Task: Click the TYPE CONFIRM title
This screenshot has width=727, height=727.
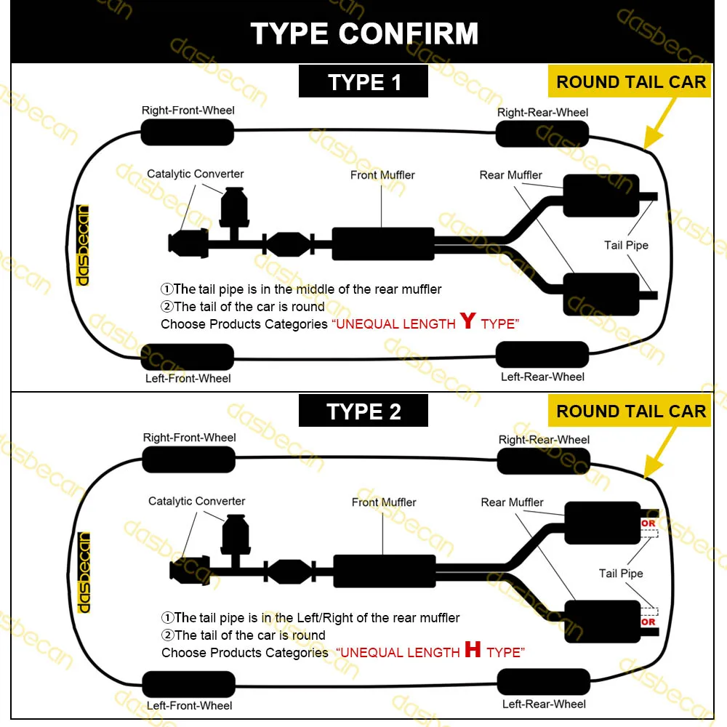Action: coord(364,33)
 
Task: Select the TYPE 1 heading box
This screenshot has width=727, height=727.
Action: coord(363,81)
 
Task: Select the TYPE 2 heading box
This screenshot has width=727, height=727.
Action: coord(363,411)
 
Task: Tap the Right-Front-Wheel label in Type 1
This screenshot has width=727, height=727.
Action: coord(188,111)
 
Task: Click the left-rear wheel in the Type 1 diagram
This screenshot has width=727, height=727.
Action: coord(542,354)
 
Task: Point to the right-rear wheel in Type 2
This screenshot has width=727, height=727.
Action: coord(543,460)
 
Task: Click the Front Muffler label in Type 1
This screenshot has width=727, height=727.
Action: coord(382,174)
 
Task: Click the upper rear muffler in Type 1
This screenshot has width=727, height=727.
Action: coord(601,196)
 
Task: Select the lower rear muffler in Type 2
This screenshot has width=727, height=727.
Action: coord(602,621)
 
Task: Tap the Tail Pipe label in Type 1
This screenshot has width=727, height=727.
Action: coord(626,245)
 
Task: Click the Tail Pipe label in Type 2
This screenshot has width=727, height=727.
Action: coord(621,574)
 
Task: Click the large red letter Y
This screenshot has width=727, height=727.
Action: coord(467,321)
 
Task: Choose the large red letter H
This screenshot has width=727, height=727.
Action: coord(473,650)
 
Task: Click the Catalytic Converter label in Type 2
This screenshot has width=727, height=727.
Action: coord(196,501)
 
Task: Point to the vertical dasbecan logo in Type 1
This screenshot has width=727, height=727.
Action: coord(83,244)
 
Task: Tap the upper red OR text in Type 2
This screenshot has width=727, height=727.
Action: coord(648,523)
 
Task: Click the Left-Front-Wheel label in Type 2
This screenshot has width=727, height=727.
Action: coord(189,705)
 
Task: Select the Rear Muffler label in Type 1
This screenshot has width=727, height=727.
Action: coord(510,175)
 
